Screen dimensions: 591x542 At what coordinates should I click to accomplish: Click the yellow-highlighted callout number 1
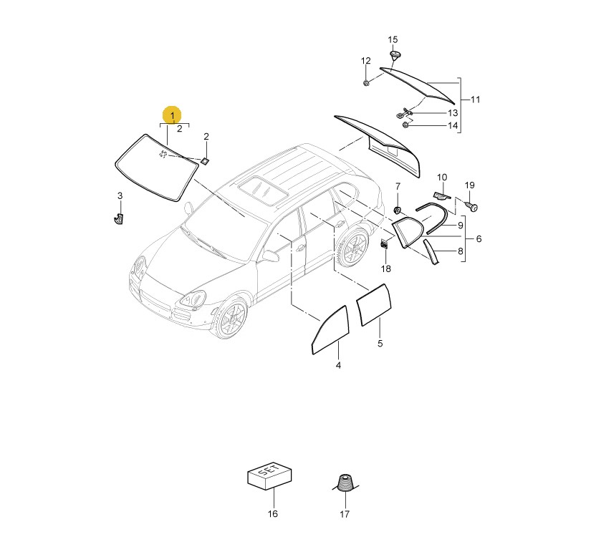[172, 115]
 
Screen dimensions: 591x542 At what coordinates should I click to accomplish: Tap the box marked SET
[269, 475]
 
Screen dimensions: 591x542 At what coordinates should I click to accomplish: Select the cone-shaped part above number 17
[345, 483]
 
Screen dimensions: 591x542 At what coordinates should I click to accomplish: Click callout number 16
[272, 513]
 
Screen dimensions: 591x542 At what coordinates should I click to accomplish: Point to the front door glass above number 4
[330, 330]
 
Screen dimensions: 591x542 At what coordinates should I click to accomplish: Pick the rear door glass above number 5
[374, 305]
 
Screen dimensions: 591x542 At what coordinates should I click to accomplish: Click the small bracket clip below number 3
[118, 218]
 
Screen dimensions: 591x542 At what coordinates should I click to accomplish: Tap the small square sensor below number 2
[205, 161]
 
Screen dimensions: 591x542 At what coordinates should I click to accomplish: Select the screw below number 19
[471, 205]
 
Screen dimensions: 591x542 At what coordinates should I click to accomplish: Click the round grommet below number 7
[398, 209]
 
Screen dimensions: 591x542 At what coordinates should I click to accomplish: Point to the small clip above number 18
[384, 244]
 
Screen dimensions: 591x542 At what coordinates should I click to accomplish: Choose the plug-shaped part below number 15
[394, 56]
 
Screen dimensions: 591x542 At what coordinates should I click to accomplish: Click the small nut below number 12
[365, 82]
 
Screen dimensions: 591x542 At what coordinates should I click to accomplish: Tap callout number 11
[475, 100]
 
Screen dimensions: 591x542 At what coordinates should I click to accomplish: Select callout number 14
[453, 125]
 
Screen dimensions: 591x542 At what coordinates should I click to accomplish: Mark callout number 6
[479, 239]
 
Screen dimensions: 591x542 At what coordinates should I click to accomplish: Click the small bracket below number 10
[443, 195]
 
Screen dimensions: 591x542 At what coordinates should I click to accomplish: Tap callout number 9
[460, 226]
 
